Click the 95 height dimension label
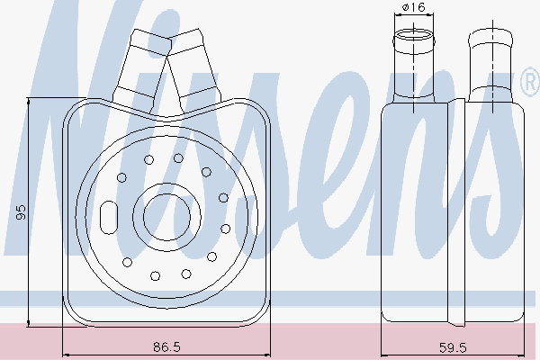(22, 211)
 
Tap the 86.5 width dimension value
(166, 346)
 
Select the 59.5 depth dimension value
(453, 347)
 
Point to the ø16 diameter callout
(414, 7)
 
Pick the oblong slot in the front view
(109, 218)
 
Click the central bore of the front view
(166, 217)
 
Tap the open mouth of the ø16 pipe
(414, 35)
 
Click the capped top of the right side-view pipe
(490, 37)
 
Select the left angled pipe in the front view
(142, 69)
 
